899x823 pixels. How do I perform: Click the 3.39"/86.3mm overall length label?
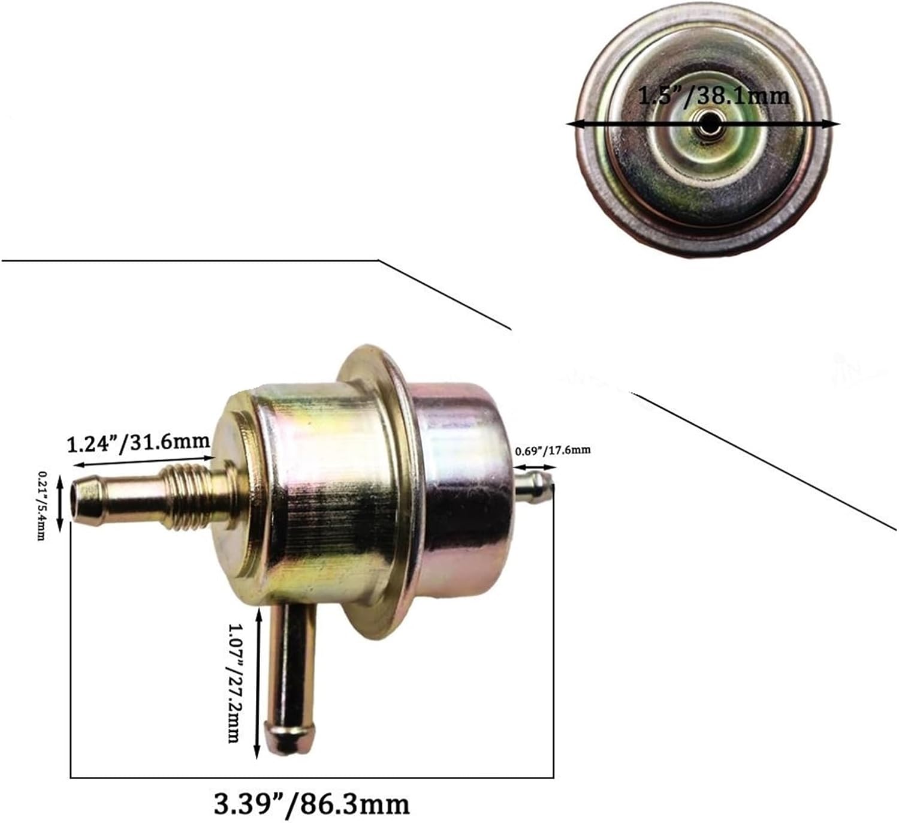(x=311, y=803)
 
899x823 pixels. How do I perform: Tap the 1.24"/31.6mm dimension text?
(x=138, y=443)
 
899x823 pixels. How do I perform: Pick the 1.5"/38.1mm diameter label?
(x=713, y=95)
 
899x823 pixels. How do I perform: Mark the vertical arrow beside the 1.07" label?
(x=258, y=683)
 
